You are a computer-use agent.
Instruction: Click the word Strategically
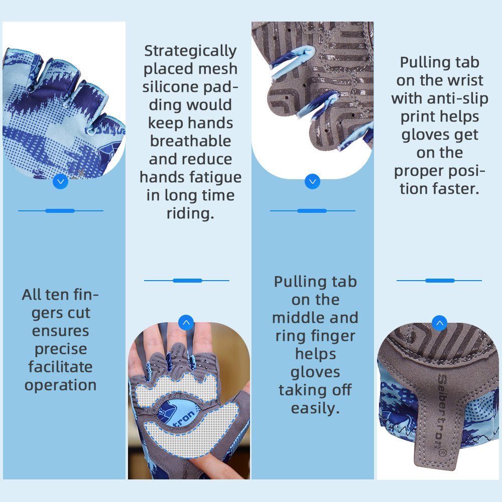(190, 51)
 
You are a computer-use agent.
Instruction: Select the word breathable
(190, 141)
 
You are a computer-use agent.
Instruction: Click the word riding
(190, 213)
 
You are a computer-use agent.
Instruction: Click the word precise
(61, 349)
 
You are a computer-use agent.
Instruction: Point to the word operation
(61, 385)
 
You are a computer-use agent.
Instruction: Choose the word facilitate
(61, 367)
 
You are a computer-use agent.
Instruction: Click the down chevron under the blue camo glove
(60, 181)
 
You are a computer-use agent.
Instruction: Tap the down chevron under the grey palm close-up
(312, 181)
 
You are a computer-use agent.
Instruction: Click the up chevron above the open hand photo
(186, 323)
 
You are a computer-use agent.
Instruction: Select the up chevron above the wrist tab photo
(439, 323)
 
